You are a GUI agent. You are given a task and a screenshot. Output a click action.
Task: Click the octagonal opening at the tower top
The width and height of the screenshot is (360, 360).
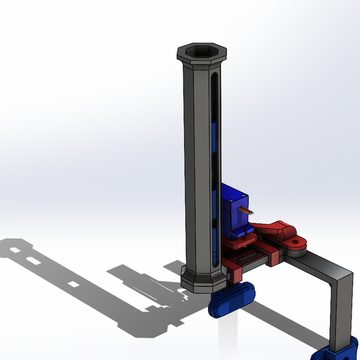click(x=202, y=50)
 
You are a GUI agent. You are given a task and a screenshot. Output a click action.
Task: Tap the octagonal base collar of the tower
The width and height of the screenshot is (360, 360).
click(x=202, y=278)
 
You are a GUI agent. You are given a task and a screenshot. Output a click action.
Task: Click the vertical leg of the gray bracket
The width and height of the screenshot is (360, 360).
click(x=343, y=307)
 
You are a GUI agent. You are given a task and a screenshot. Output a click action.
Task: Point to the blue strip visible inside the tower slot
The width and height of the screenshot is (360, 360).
click(x=215, y=140)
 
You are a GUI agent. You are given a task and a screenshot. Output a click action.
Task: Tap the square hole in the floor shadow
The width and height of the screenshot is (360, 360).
click(x=73, y=286)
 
